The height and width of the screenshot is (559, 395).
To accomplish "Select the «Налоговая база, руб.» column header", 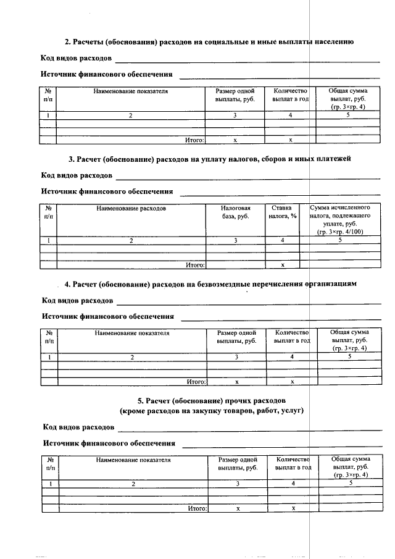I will (235, 213).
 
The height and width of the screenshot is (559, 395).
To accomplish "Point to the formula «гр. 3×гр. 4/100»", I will (340, 232).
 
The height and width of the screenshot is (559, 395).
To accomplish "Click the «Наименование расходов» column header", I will (131, 209).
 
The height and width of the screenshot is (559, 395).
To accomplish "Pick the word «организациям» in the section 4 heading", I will (331, 284).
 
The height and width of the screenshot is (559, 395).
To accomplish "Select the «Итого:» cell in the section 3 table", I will (195, 265).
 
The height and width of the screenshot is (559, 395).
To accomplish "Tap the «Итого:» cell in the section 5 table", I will (197, 508).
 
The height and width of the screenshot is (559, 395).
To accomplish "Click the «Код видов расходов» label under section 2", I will (77, 58).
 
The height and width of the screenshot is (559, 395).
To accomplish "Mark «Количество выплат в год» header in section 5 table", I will (293, 464).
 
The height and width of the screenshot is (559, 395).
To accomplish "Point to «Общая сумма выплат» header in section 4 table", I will (349, 340).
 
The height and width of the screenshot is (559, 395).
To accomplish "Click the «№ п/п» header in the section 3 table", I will (48, 212).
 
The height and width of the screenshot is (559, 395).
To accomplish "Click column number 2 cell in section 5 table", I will (133, 484).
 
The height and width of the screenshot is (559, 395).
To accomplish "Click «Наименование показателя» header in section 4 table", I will (132, 333).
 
